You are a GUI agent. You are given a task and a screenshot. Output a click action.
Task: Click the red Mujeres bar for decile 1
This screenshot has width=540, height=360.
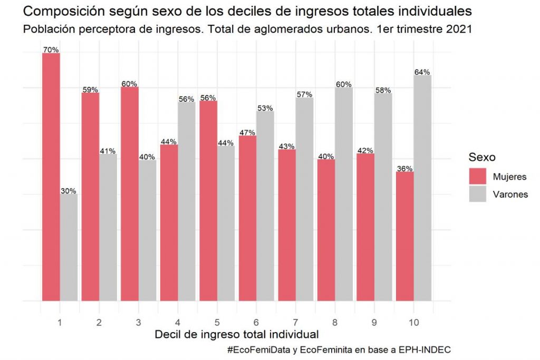[51, 177]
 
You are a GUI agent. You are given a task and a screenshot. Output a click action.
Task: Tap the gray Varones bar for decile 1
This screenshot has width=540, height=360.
[69, 248]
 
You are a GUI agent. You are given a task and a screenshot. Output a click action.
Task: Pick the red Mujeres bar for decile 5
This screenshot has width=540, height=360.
[208, 201]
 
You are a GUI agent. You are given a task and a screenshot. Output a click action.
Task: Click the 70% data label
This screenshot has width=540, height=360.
[51, 50]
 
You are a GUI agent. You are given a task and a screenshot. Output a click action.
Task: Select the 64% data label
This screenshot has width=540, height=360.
[422, 72]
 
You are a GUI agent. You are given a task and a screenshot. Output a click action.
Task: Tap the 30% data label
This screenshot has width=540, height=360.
[69, 191]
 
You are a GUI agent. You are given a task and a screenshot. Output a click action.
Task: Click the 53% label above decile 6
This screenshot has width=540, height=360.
[265, 108]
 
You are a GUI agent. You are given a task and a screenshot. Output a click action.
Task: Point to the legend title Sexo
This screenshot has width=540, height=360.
[482, 157]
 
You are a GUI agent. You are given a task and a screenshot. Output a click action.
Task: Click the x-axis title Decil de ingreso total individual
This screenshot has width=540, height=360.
[237, 334]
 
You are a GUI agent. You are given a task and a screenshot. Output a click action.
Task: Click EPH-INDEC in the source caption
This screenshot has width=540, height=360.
[424, 349]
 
